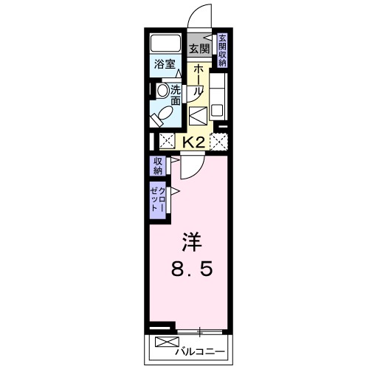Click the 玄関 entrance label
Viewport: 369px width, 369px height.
pos(198,49)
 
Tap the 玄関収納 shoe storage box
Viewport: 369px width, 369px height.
pos(221,50)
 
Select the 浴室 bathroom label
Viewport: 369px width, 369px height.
pos(164,64)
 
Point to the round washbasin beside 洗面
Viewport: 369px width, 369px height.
pos(162,91)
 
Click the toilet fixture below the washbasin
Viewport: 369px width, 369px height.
pos(162,114)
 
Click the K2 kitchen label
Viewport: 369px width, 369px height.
pos(193,140)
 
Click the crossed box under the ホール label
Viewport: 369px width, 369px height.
pos(198,116)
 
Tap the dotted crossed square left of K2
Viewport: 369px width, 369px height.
pos(167,140)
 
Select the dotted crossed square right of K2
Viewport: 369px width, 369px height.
pos(218,140)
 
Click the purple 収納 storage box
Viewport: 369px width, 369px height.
pos(158,166)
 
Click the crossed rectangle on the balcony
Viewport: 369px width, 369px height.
pos(166,344)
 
